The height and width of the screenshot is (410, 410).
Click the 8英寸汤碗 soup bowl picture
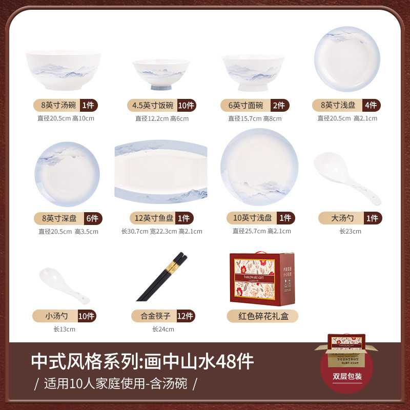tap(63, 70)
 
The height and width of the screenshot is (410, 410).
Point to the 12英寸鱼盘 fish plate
tap(161, 173)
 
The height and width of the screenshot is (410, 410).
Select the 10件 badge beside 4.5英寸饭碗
tap(186, 106)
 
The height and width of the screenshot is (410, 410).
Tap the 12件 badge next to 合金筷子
tap(185, 316)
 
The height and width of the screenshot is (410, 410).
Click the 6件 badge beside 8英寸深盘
tap(93, 218)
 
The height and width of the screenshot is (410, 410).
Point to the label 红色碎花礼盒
tap(262, 316)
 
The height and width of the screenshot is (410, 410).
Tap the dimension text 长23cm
tap(350, 231)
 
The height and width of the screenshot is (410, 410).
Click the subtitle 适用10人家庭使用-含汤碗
tap(115, 383)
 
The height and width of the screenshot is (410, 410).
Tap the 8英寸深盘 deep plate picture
tap(67, 175)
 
